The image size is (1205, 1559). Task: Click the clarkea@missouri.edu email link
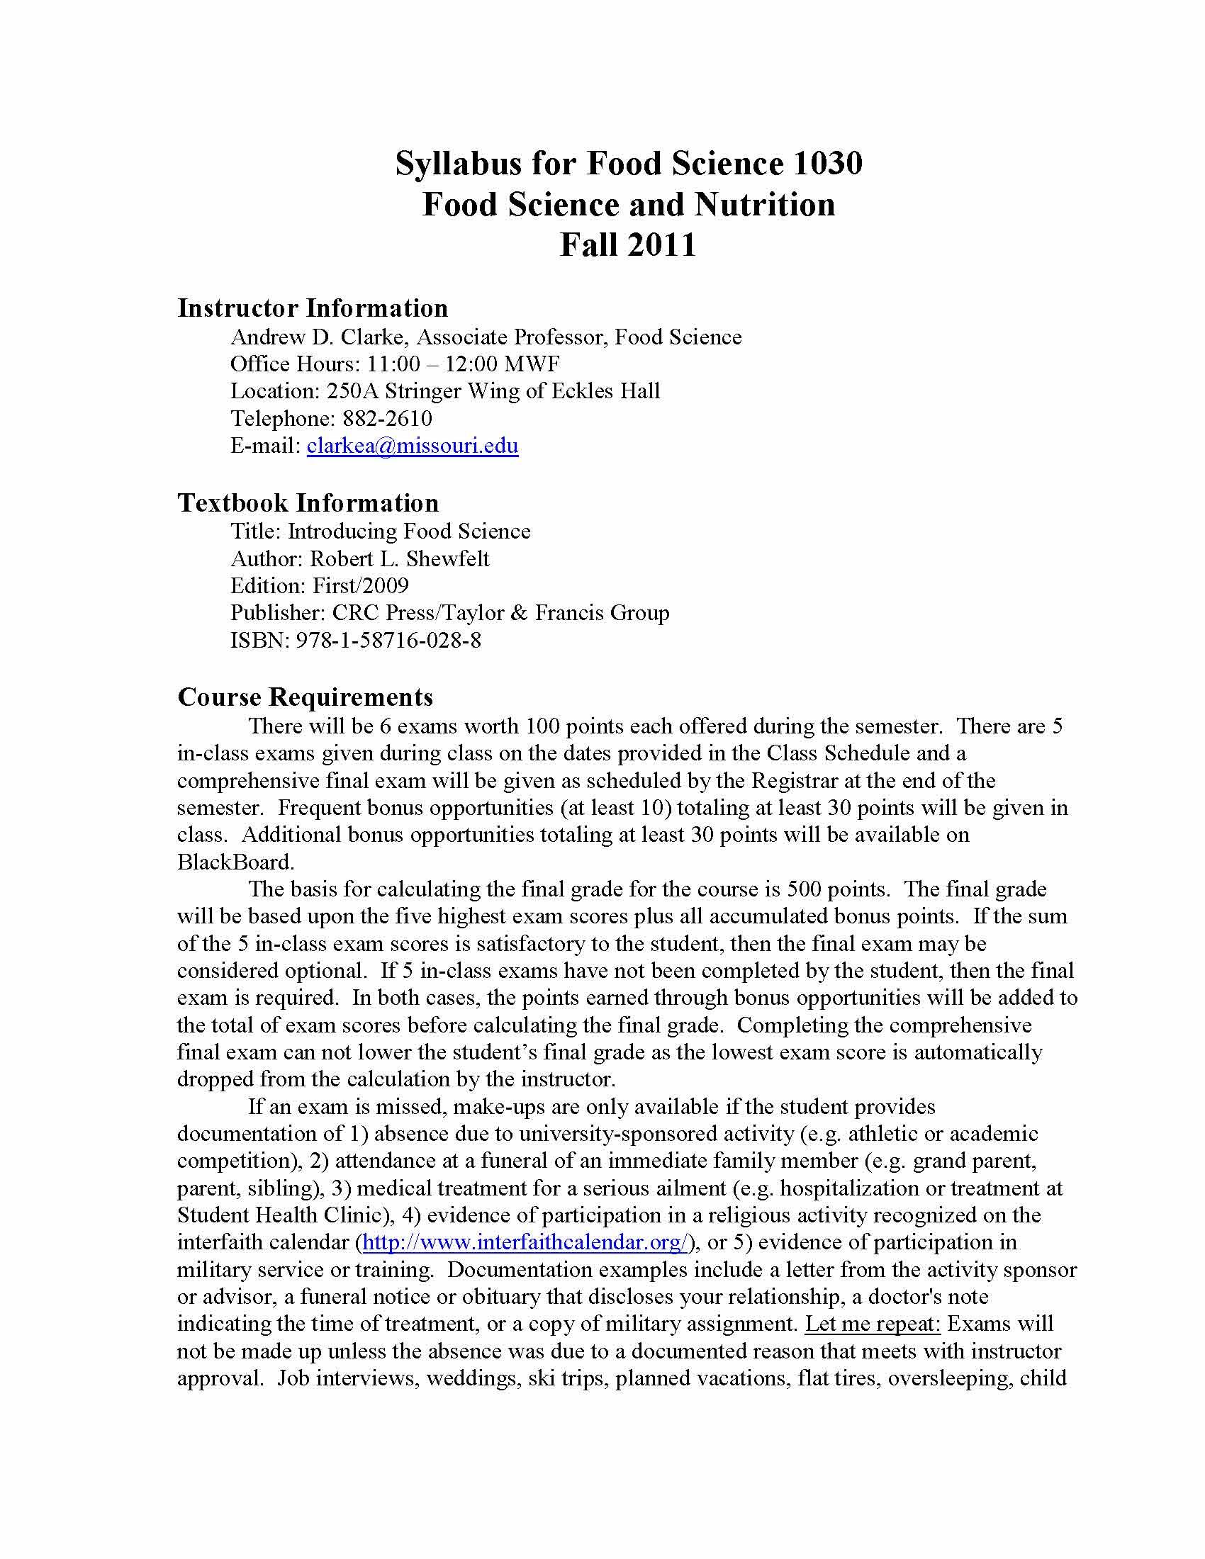tap(412, 446)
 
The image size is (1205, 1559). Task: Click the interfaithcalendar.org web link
tap(525, 1243)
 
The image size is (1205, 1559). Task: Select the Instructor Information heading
tap(313, 308)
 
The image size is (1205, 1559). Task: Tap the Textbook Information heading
tap(308, 503)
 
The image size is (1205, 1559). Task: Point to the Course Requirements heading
tap(305, 697)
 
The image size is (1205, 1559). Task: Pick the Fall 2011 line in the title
tap(627, 245)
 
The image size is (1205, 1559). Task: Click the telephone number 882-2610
tap(388, 418)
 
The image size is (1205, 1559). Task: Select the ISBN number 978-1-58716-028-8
tap(388, 641)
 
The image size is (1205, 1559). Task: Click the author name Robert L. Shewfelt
tap(400, 559)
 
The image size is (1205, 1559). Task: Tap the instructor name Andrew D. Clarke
tap(319, 337)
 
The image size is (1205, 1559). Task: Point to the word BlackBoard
tap(234, 862)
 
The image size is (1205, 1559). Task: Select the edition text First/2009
tap(361, 586)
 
